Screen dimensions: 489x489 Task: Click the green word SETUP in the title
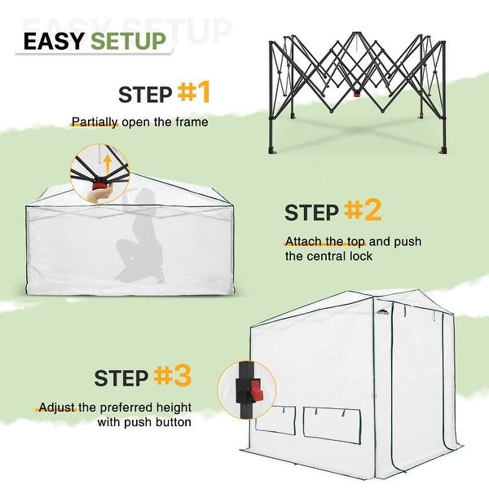point(128,41)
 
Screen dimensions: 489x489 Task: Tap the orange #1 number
point(194,92)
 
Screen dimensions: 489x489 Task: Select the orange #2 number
point(363,211)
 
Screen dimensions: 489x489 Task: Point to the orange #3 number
point(173,376)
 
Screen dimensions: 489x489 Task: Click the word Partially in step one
point(95,122)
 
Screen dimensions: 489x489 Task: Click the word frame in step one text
point(193,122)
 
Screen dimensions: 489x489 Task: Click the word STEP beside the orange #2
point(311,214)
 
